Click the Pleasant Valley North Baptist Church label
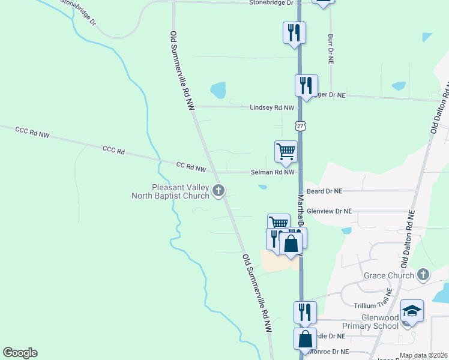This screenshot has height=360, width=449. (170, 191)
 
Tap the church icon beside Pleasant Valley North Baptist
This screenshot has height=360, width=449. (218, 191)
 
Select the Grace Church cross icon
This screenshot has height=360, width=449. (423, 275)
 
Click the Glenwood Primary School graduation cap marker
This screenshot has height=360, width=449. (412, 311)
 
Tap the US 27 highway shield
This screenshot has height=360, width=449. (300, 125)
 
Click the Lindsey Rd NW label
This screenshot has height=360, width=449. (272, 107)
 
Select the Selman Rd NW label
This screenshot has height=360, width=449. (273, 172)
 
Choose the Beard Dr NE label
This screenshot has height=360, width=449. (324, 191)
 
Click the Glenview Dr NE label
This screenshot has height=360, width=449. (329, 211)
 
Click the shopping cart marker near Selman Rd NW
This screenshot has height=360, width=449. (286, 152)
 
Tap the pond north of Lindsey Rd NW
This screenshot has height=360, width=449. (218, 91)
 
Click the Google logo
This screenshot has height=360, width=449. (20, 353)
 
